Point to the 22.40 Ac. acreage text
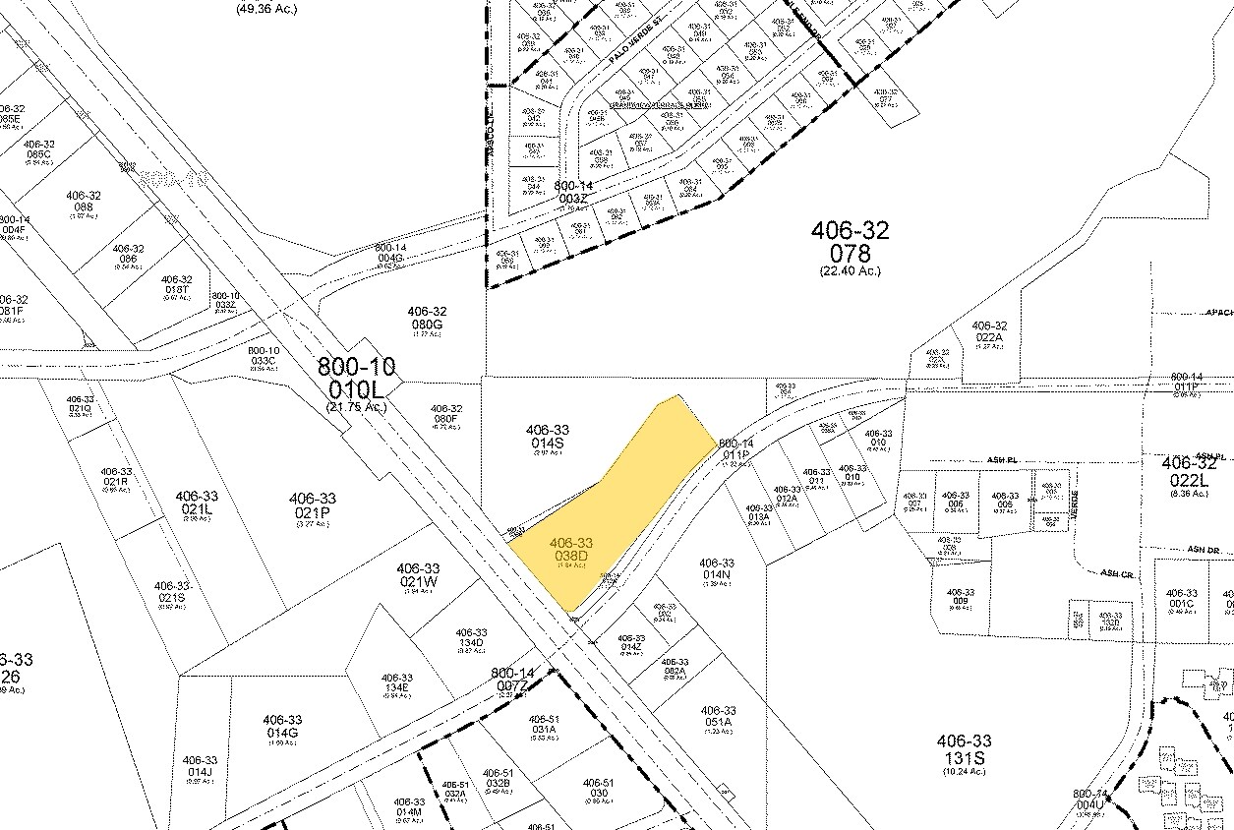[851, 270]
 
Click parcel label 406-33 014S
[548, 437]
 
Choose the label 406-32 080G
[427, 318]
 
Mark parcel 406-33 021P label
[313, 505]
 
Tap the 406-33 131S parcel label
[964, 749]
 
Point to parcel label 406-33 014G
[282, 726]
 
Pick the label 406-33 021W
[418, 575]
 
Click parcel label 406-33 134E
[397, 684]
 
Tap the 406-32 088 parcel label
[84, 202]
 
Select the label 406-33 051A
[718, 717]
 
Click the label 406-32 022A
[989, 331]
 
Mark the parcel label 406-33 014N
[717, 569]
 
